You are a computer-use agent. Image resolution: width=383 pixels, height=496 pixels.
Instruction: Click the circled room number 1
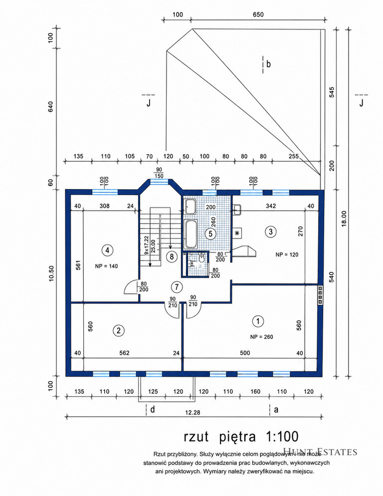point(258,321)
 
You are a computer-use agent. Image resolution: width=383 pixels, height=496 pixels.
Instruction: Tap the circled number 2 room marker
point(119,331)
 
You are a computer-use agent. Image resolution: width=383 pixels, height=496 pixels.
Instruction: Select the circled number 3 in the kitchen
point(270,232)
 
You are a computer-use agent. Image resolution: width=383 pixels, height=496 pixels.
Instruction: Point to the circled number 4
point(108,250)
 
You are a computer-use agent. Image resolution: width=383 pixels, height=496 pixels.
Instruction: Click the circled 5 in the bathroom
point(210,234)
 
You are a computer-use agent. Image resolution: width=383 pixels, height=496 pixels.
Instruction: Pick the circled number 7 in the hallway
point(177,287)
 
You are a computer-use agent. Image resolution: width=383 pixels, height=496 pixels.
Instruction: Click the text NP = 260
point(261,337)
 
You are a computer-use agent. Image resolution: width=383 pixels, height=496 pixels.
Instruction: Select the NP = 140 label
point(106,266)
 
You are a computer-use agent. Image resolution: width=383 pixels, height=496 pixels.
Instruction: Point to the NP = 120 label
point(287,254)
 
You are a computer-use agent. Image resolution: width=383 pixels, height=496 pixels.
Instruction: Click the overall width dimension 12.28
point(192,413)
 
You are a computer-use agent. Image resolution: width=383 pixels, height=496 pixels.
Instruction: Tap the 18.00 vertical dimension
point(344,219)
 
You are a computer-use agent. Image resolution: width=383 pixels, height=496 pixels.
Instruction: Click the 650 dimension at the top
point(258,14)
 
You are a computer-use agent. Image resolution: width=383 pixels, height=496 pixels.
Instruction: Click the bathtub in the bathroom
point(191,234)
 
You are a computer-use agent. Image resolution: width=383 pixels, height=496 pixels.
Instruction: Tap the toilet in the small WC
point(200,258)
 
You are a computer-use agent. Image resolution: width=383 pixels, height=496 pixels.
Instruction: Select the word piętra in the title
point(237,437)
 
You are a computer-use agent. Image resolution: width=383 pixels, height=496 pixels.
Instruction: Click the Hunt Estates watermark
point(320,452)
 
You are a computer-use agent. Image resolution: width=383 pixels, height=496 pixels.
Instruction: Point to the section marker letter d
point(153,410)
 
